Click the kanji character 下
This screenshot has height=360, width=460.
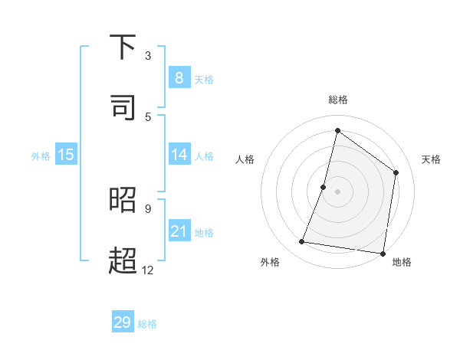123,47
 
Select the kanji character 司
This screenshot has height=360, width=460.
123,107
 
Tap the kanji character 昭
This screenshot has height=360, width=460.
123,199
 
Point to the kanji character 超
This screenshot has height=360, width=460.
123,260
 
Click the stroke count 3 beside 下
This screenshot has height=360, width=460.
148,55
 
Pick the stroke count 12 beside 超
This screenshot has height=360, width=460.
148,270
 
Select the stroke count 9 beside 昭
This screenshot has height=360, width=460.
148,208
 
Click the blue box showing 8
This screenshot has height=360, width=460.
179,77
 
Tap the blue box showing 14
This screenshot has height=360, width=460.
179,155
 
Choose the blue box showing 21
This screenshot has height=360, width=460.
179,231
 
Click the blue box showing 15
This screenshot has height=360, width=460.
66,155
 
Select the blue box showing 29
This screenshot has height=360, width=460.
123,322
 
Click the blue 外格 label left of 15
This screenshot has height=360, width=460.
41,156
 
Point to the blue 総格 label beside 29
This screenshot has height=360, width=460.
147,324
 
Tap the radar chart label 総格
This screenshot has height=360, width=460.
338,100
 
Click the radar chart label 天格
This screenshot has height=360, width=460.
431,159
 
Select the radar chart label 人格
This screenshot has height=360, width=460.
245,159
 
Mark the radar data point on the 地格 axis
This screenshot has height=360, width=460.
383,253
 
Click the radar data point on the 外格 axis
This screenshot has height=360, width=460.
302,242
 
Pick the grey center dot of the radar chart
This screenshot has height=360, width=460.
338,191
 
